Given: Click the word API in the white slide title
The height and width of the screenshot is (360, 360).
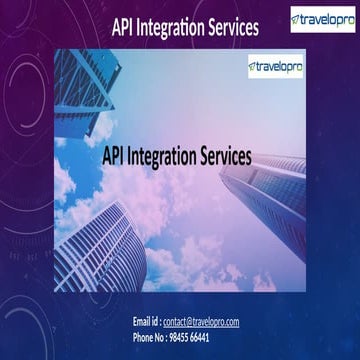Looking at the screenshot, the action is [x=122, y=28].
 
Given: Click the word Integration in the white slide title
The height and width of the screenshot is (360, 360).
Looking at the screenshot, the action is [x=170, y=29].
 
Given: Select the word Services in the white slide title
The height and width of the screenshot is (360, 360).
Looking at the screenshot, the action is [x=233, y=28].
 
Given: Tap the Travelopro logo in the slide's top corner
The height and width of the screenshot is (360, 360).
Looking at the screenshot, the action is [x=323, y=19].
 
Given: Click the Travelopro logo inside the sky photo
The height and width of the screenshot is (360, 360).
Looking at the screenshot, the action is [x=275, y=67].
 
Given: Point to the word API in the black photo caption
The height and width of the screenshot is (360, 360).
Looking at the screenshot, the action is [x=113, y=156].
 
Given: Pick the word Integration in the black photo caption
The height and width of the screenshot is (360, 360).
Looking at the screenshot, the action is [x=163, y=157].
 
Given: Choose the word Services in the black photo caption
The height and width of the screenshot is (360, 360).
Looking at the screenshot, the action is [x=226, y=156].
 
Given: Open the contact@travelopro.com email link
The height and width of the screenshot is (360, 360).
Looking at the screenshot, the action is [x=201, y=322].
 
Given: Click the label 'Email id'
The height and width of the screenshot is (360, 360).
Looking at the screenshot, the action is [x=145, y=322].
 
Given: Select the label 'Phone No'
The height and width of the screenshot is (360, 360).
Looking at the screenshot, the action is [x=148, y=338].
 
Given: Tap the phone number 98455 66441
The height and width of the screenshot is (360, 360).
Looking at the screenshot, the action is [x=189, y=338].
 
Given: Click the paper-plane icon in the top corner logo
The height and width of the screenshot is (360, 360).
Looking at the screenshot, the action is [x=296, y=19].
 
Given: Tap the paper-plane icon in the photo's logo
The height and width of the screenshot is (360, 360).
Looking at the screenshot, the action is [x=252, y=67].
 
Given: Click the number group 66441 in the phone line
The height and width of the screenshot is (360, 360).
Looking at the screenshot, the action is [x=199, y=338].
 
